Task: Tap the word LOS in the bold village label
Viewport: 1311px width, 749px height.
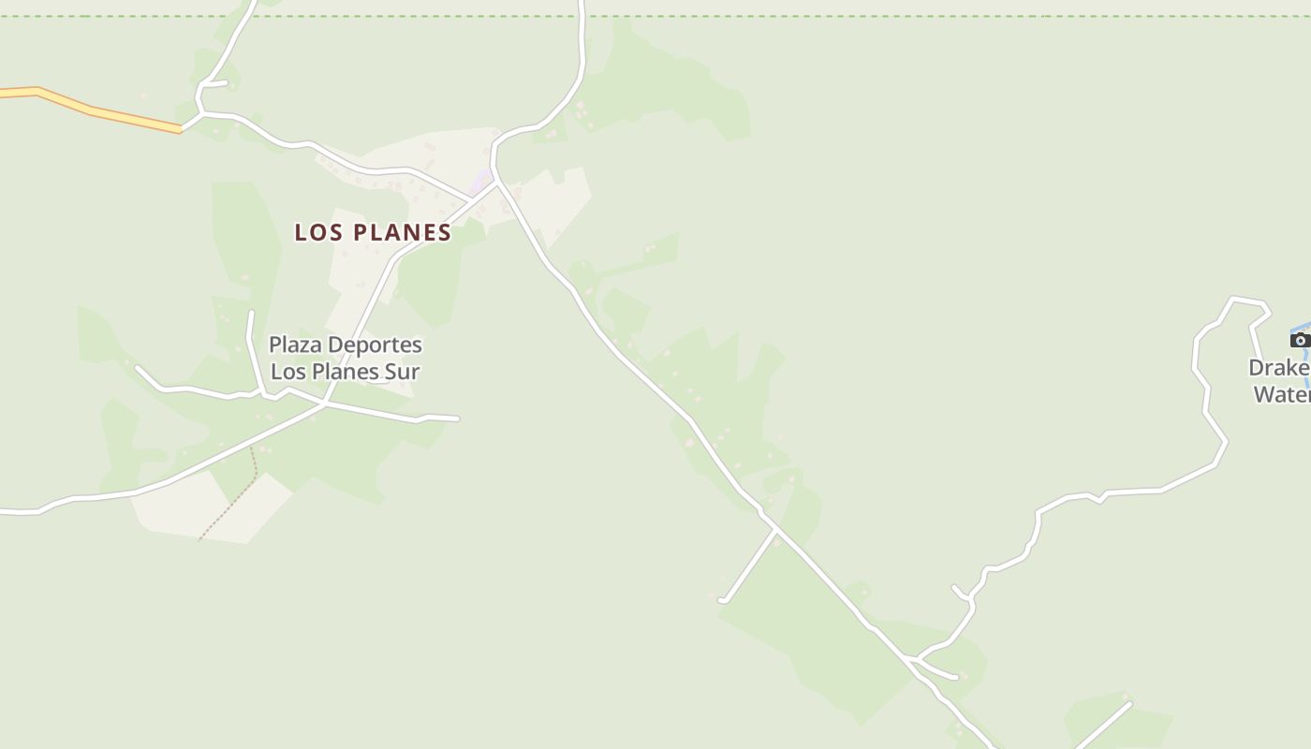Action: tap(316, 232)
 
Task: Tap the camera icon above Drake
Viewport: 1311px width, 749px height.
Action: tap(1300, 340)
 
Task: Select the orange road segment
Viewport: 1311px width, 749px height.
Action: tap(94, 110)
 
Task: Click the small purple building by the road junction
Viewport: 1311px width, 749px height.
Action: tap(481, 180)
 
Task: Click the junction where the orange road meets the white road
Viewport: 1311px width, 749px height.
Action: tap(181, 130)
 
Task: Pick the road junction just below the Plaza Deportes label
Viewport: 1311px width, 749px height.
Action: tap(323, 404)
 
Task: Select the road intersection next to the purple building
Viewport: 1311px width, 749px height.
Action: tap(495, 184)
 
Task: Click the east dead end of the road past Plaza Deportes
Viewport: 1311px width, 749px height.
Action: tap(457, 419)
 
